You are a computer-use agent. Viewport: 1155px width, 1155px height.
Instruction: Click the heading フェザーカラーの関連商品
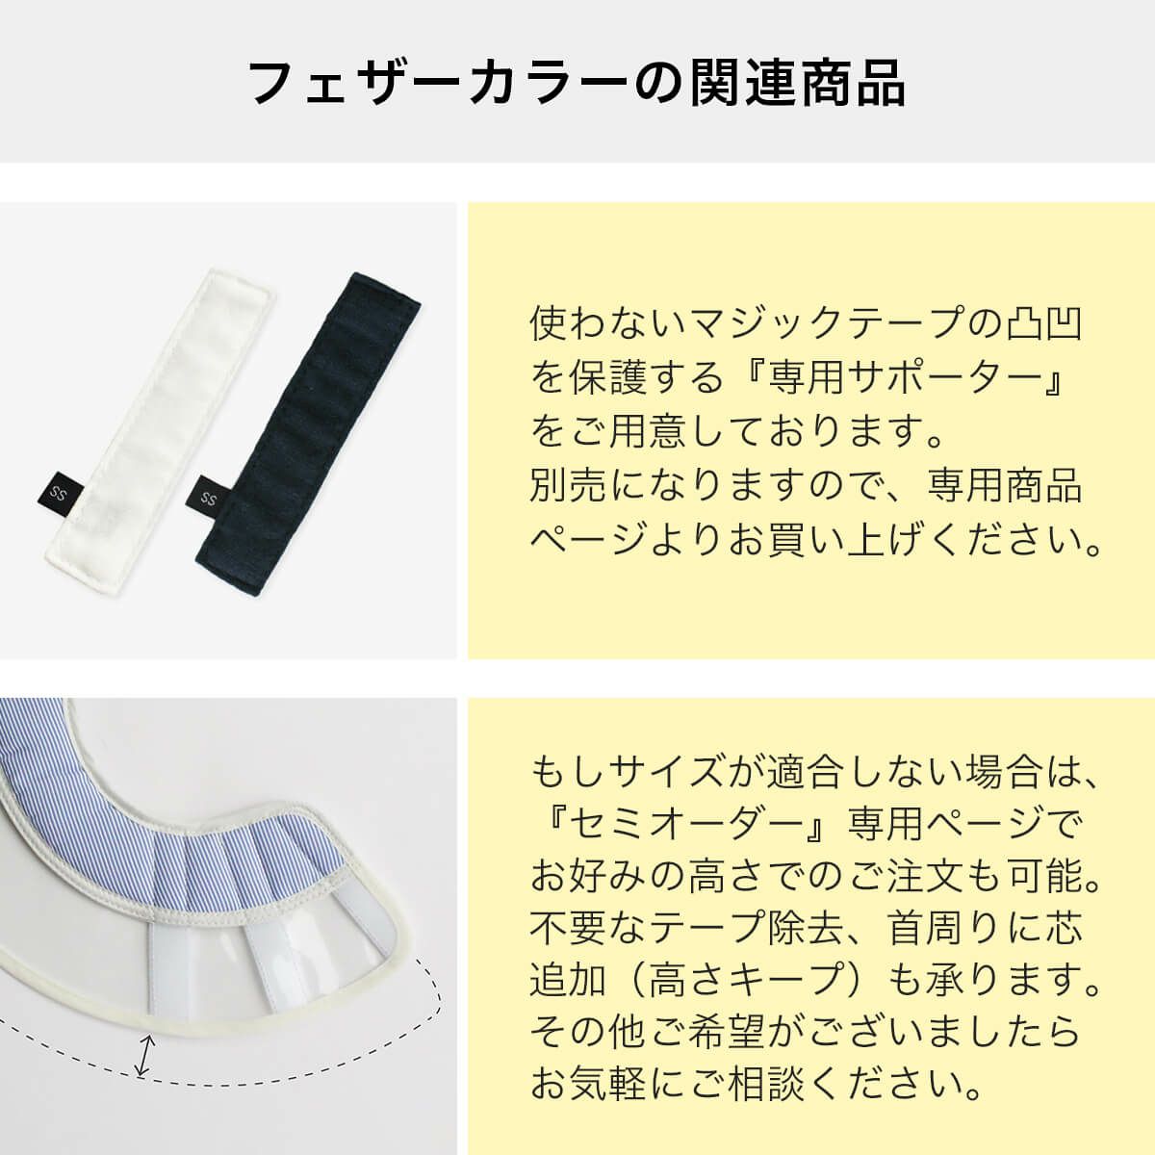[577, 82]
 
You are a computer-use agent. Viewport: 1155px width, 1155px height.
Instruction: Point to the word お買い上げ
[828, 541]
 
